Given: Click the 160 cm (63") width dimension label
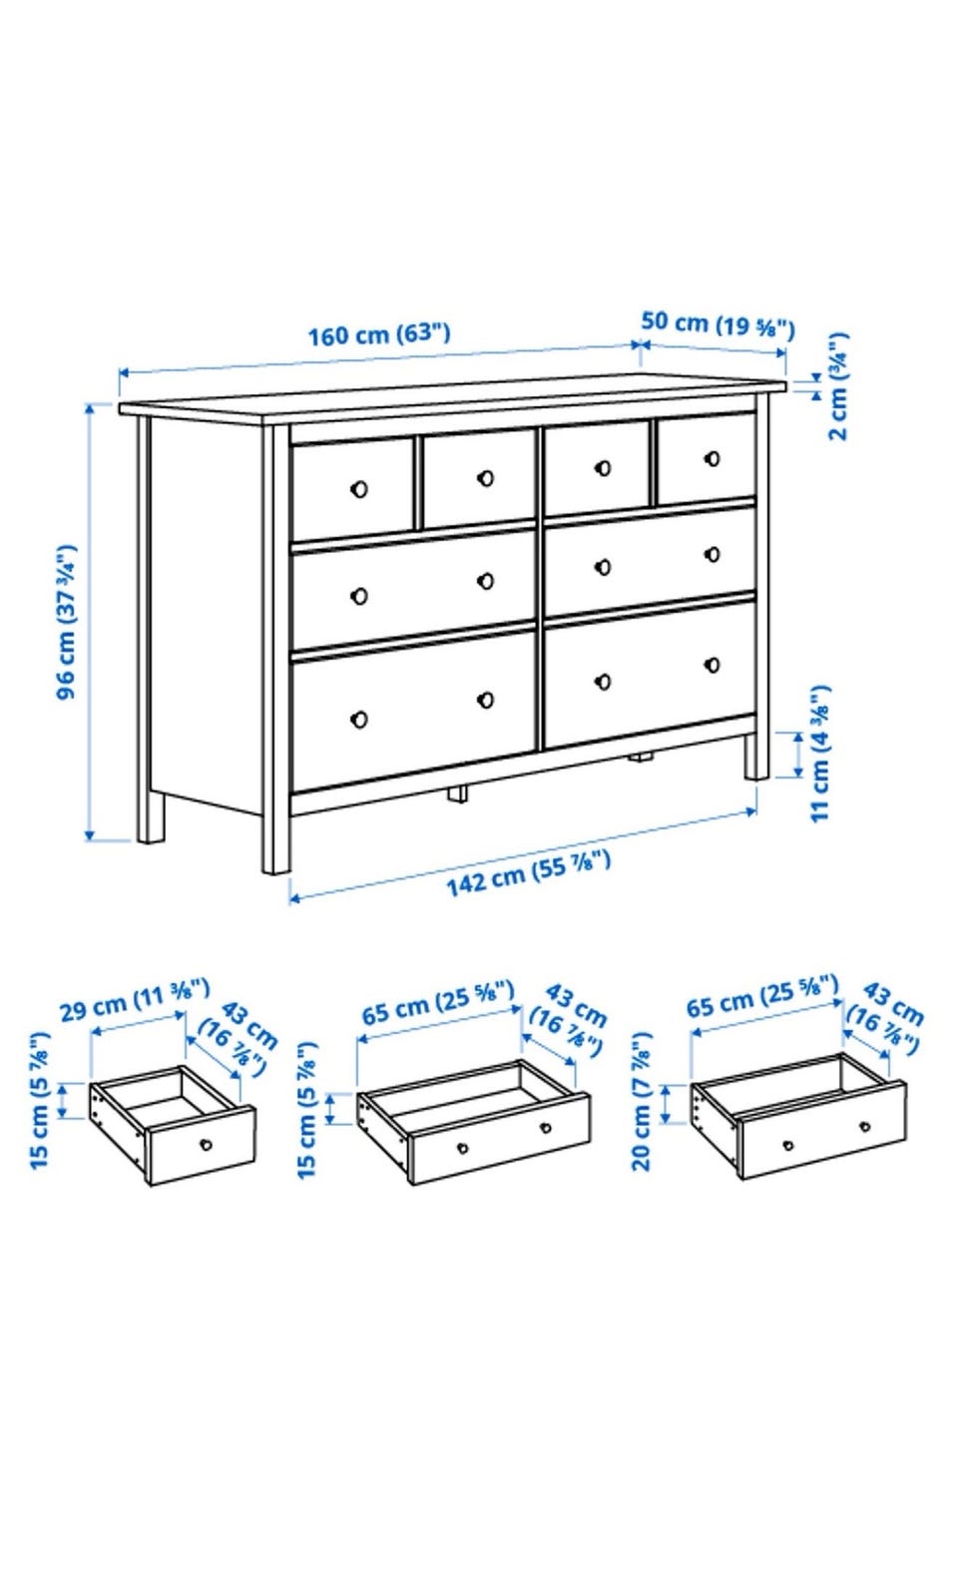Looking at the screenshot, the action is tap(379, 333).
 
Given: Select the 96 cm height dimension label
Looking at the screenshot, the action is tap(67, 622).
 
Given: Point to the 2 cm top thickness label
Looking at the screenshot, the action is tap(837, 386).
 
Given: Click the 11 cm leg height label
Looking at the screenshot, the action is tap(819, 754).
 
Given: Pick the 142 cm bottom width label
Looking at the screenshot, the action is tap(528, 874).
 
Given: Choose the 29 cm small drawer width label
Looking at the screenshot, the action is tap(134, 1000).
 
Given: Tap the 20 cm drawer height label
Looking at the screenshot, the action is tap(642, 1102).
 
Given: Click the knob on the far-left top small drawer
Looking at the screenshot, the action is tap(359, 489).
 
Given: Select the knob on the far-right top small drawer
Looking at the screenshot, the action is tap(713, 459).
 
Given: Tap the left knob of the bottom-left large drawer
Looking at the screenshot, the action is tap(359, 720).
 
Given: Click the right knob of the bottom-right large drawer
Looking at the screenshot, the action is tap(713, 665).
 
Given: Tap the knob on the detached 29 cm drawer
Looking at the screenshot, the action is tap(206, 1144).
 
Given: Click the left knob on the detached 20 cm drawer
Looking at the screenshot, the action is tap(788, 1145).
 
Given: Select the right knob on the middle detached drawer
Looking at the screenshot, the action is tap(545, 1127).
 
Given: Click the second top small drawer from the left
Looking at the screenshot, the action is tap(479, 478).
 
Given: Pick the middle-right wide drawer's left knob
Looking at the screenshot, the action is tap(603, 566).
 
